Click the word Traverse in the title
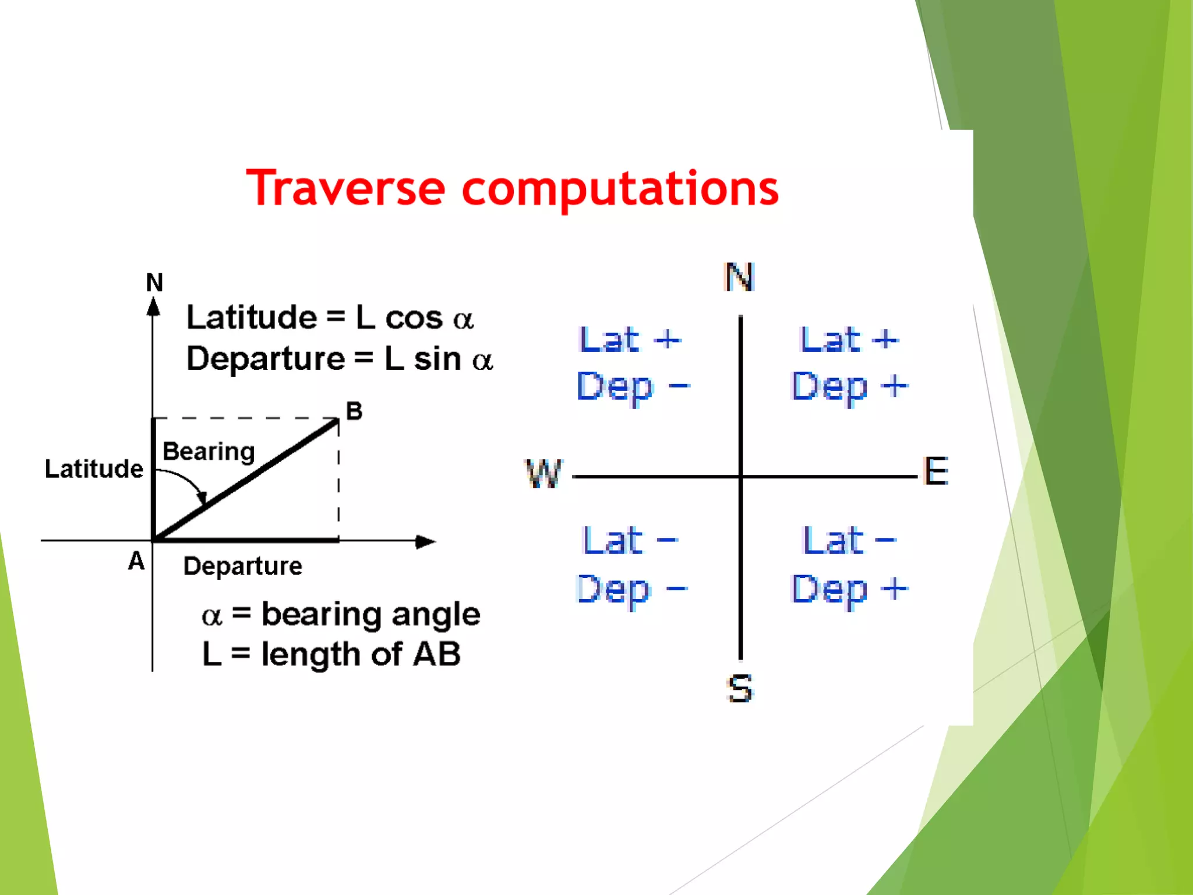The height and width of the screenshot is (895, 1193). [346, 189]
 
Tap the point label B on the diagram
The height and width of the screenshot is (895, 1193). [354, 411]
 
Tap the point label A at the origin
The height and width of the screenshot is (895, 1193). [136, 561]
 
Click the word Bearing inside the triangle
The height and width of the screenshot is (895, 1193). [209, 452]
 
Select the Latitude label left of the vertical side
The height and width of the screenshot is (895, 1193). [94, 469]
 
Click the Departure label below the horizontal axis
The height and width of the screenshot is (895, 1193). [243, 566]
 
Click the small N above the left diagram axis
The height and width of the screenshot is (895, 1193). [154, 283]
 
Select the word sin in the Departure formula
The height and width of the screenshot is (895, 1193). [437, 359]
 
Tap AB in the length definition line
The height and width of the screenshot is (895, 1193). [436, 654]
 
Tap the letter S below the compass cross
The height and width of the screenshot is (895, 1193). [740, 688]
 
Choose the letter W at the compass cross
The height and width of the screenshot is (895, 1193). [543, 473]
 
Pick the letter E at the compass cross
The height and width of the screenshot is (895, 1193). [936, 471]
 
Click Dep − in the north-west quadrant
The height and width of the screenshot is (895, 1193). [633, 387]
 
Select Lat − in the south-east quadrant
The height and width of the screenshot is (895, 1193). [849, 541]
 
